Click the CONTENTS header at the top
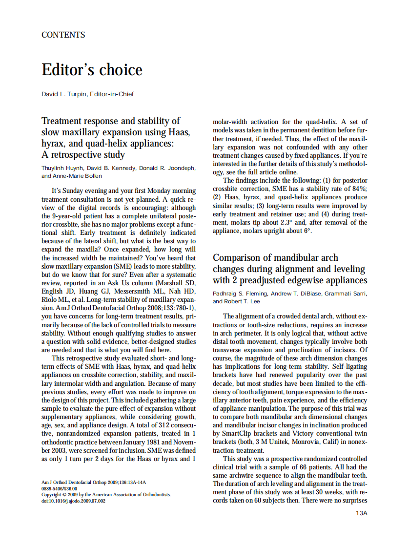[x=63, y=35]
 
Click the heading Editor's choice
[x=92, y=70]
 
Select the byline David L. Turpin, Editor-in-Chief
[x=87, y=94]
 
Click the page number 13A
[x=361, y=513]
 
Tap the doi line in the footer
[x=73, y=501]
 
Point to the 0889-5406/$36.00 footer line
[x=59, y=488]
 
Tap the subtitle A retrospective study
[x=83, y=155]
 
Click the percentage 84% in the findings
[x=360, y=189]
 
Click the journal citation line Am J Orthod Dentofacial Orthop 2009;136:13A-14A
[x=94, y=482]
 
